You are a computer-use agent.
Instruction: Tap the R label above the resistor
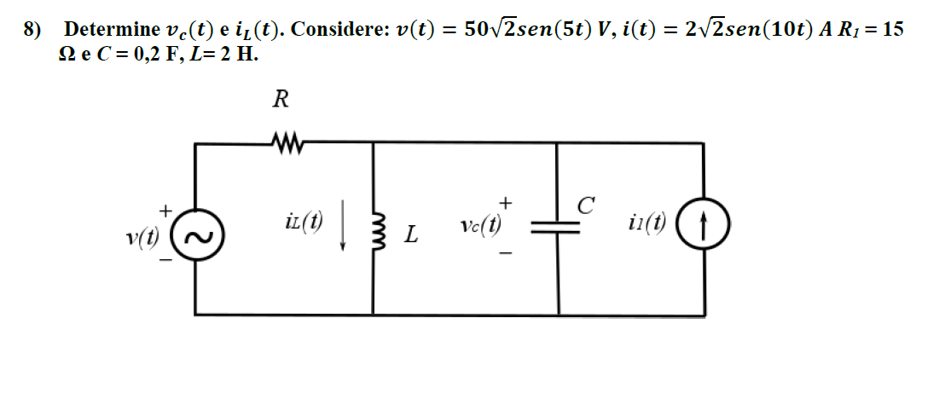pyautogui.click(x=280, y=100)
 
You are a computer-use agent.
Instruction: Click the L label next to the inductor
pyautogui.click(x=411, y=234)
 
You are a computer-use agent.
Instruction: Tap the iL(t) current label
pyautogui.click(x=304, y=223)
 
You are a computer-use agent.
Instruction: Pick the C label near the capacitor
pyautogui.click(x=584, y=205)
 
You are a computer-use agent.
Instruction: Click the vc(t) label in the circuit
pyautogui.click(x=479, y=226)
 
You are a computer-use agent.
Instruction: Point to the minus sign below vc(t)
pyautogui.click(x=506, y=253)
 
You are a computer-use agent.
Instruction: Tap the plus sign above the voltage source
pyautogui.click(x=166, y=207)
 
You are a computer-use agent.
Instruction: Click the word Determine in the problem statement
pyautogui.click(x=112, y=30)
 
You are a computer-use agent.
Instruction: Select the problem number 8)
pyautogui.click(x=32, y=30)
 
